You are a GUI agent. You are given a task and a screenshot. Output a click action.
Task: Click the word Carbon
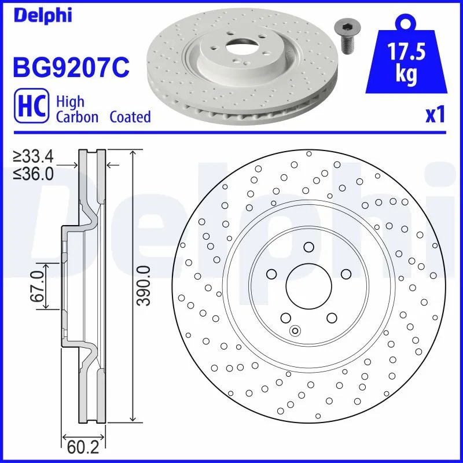[x=77, y=117]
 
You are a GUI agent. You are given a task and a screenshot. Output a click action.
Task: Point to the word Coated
[x=130, y=117]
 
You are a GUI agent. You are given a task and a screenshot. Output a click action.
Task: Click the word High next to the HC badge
[x=70, y=101]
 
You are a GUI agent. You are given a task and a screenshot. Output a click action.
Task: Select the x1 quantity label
[x=435, y=115]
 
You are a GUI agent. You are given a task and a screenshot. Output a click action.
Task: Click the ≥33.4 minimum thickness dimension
[x=34, y=156]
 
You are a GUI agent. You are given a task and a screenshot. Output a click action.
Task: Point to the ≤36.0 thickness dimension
[x=34, y=172]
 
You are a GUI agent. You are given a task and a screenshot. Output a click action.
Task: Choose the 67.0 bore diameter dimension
[x=38, y=285]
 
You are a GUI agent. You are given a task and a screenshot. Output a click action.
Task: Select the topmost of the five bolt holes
[x=308, y=248]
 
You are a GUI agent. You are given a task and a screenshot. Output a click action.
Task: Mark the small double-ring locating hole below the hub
[x=295, y=331]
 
